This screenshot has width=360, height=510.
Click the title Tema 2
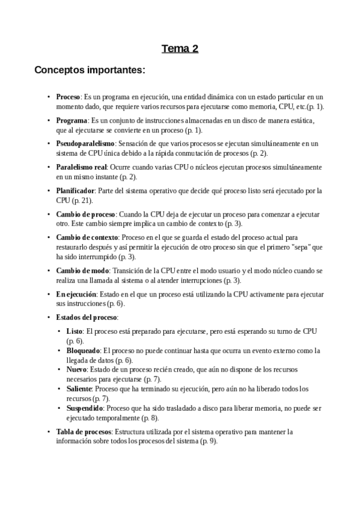coord(180,49)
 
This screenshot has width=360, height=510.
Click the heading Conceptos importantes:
coord(90,70)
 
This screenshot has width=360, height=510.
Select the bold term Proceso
coord(69,97)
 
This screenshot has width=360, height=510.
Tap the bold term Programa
coord(72,120)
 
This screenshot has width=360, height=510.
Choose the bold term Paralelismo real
coord(81,167)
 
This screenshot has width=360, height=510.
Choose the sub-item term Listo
coord(74,331)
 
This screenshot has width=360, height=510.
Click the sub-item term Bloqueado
coord(84,350)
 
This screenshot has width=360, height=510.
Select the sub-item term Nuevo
coord(76,369)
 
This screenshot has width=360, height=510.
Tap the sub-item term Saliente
coord(79,389)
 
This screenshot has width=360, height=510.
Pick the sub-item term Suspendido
coord(85,408)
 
